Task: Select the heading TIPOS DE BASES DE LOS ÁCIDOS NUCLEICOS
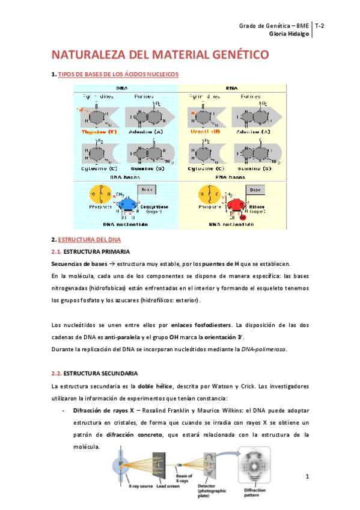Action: tap(118, 74)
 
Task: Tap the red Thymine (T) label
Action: tap(99, 131)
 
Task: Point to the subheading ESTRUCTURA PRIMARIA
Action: tap(96, 251)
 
